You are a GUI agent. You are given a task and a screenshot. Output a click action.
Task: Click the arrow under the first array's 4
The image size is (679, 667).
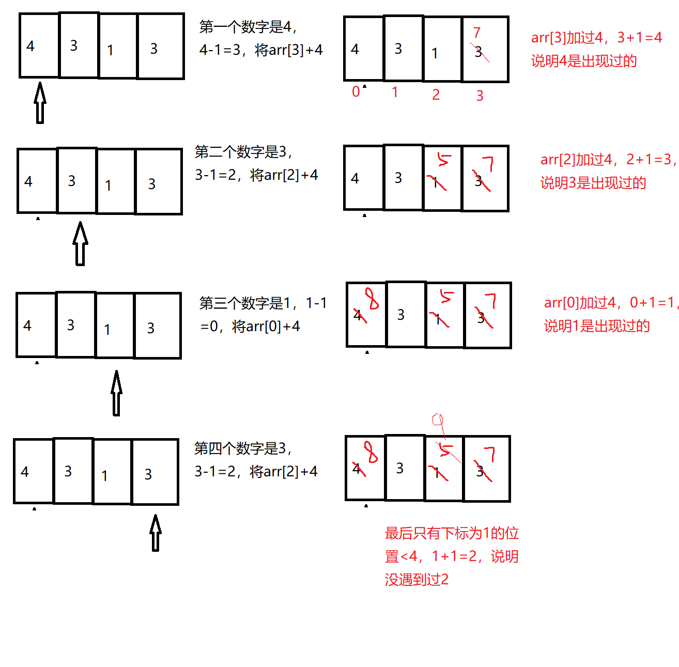coord(40,103)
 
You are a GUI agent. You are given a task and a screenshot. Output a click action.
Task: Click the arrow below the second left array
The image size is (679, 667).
coord(80,244)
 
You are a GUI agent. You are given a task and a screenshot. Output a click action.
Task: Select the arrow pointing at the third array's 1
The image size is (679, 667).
coord(117,393)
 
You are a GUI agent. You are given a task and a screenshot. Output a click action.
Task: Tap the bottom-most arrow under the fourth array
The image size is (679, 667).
coord(155,533)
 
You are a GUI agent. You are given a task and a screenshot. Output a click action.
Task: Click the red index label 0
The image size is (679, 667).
coord(356,92)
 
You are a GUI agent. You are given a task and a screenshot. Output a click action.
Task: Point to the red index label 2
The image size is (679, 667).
coord(436,95)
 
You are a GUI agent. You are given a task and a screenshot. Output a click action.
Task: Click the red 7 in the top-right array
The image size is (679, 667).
coord(476,33)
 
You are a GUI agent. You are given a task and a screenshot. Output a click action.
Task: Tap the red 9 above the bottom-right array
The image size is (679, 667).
coord(438,419)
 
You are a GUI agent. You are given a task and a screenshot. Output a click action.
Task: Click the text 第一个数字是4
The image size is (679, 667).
coord(247,27)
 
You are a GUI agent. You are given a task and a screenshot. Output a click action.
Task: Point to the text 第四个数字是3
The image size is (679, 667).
coord(242,448)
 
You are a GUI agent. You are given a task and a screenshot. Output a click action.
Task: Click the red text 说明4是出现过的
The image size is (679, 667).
coord(584,61)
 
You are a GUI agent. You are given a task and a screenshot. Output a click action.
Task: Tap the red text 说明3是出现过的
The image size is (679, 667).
coord(593,183)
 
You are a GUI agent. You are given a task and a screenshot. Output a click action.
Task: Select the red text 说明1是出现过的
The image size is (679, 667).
coord(597,326)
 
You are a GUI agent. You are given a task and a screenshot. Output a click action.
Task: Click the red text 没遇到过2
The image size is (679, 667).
coord(416,580)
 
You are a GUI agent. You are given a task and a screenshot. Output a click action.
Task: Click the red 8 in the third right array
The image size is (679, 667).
coord(372,298)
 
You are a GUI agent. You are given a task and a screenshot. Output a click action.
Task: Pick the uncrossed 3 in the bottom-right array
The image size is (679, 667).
coord(400,468)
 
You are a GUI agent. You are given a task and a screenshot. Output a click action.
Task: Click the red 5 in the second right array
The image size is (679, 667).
coord(444,159)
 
